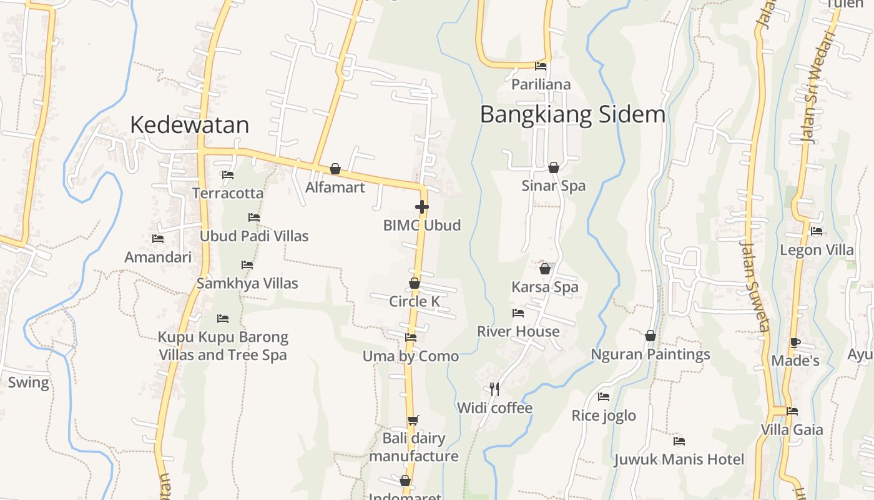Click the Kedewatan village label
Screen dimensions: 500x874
click(189, 125)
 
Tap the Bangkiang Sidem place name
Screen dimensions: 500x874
click(572, 115)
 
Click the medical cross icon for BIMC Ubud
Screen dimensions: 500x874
click(422, 207)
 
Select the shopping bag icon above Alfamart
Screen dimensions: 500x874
click(335, 169)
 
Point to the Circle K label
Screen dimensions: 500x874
click(415, 301)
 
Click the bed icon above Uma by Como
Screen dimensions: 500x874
click(411, 337)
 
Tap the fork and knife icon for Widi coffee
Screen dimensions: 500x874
click(494, 389)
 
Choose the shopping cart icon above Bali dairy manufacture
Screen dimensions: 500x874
click(413, 420)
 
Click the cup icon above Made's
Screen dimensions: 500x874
click(795, 342)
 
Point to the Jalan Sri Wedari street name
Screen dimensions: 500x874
click(818, 87)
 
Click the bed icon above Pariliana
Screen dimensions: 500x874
click(541, 66)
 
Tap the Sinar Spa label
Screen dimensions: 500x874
click(554, 186)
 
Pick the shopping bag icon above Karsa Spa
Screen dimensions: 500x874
click(545, 269)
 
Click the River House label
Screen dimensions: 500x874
click(518, 331)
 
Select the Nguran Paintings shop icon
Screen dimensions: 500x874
click(651, 336)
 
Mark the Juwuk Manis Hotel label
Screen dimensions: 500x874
click(679, 460)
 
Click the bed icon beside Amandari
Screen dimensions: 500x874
click(158, 239)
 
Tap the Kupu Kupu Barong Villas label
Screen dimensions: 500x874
click(223, 346)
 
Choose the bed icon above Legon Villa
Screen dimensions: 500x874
click(817, 231)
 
